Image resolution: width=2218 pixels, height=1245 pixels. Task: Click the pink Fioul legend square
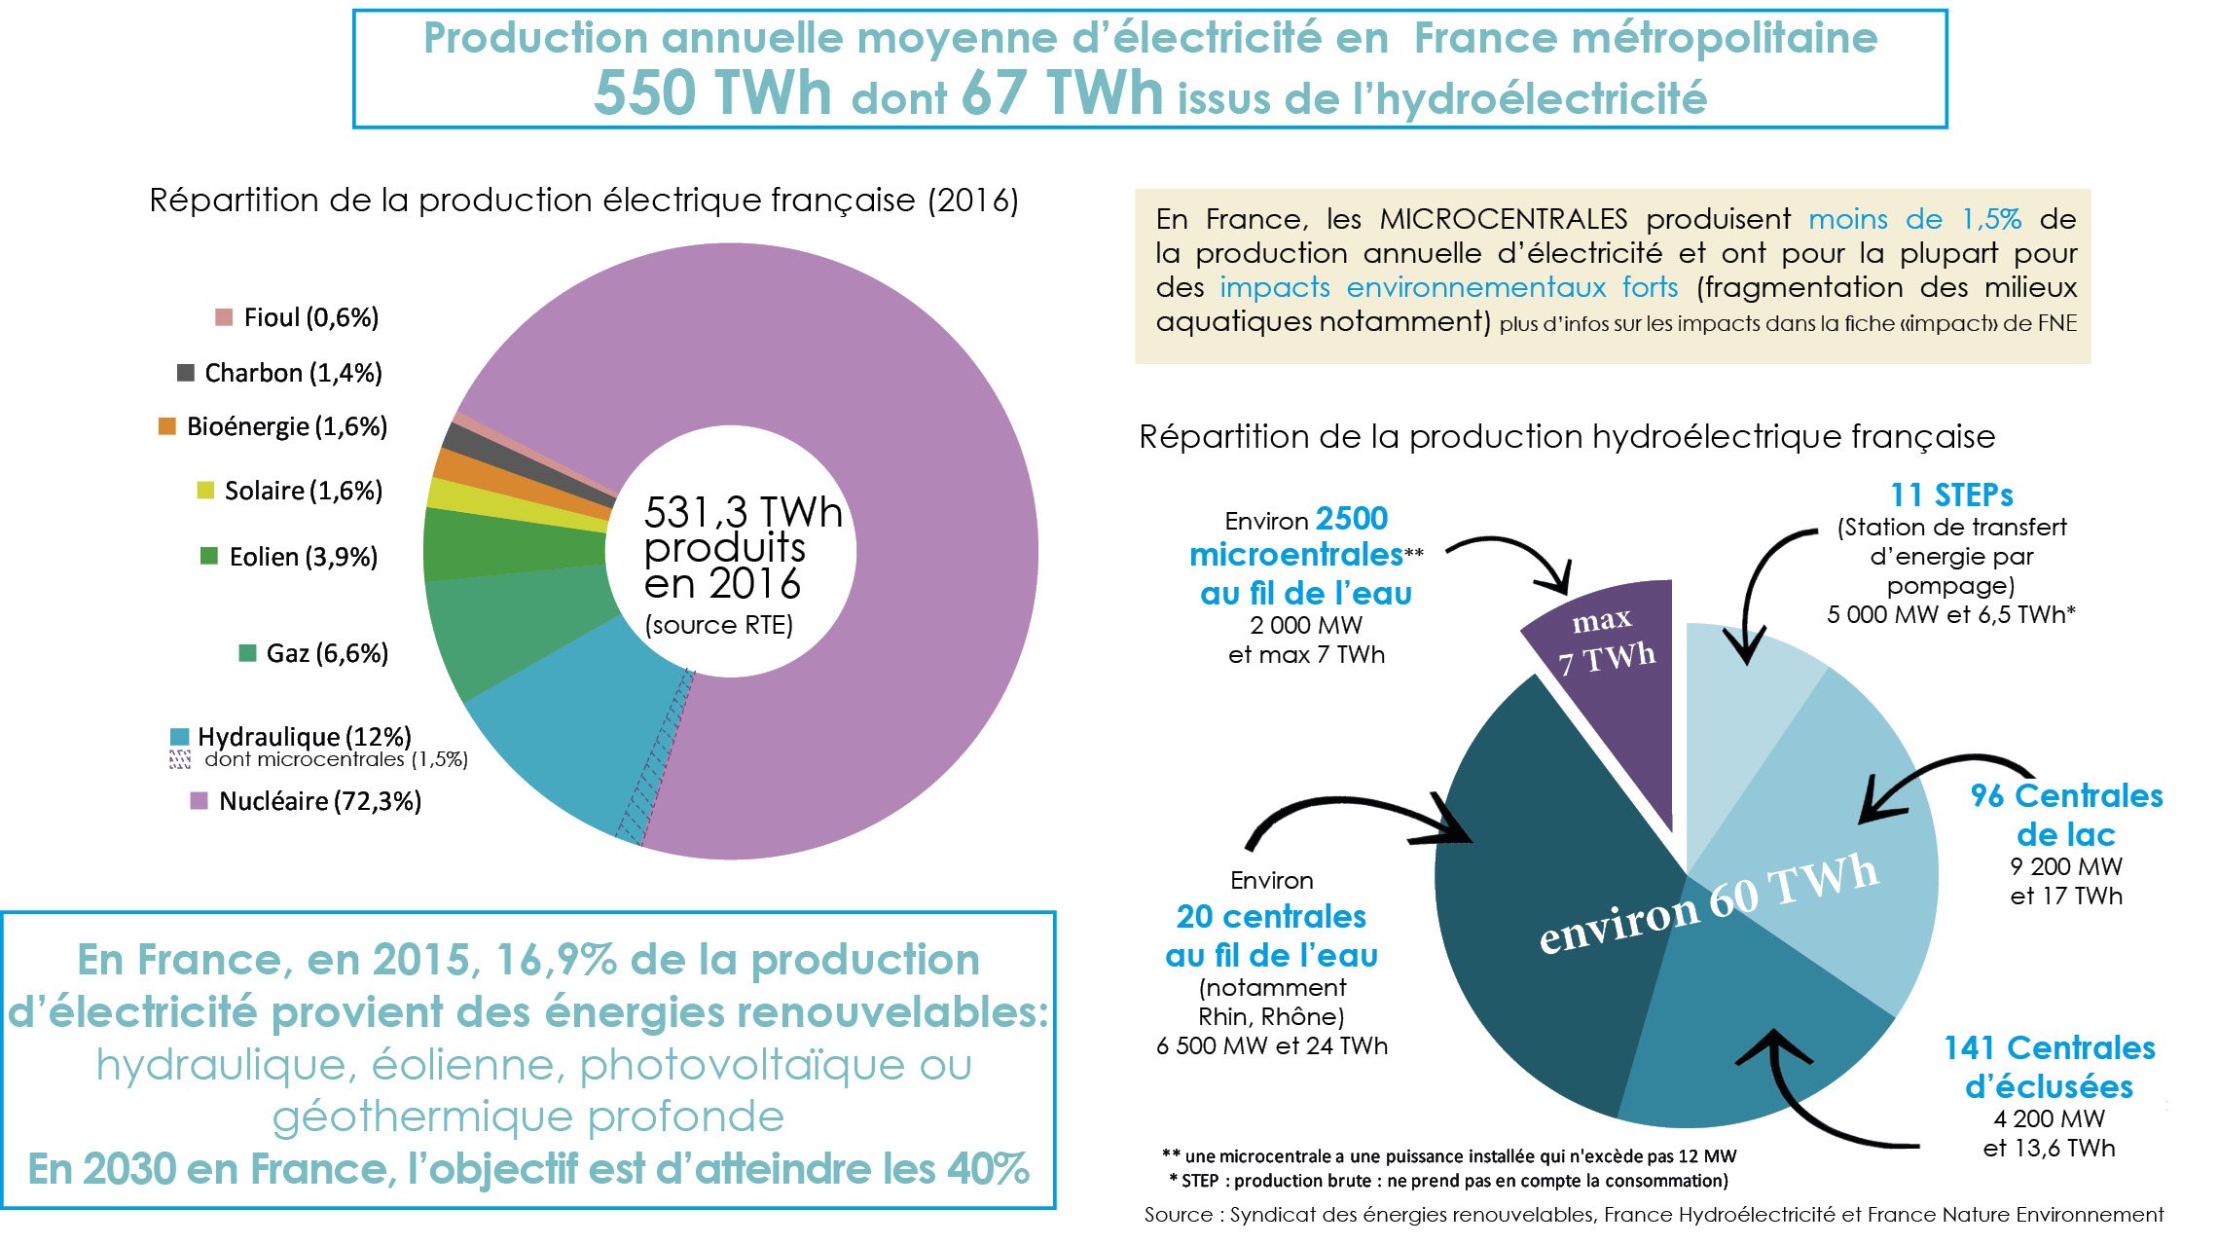pos(224,317)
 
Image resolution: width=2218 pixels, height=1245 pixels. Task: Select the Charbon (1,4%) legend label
pos(293,373)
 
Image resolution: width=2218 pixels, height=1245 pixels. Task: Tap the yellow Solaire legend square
pos(205,490)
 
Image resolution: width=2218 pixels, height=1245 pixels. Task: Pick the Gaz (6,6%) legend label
pos(327,653)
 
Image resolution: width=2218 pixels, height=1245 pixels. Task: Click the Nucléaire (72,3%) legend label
pos(319,801)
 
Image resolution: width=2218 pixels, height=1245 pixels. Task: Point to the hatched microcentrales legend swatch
pos(180,760)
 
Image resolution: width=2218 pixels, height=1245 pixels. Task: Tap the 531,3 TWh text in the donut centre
pos(743,512)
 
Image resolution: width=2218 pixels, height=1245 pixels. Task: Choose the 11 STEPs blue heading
pos(1951,495)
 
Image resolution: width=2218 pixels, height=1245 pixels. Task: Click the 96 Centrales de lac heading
pos(2065,815)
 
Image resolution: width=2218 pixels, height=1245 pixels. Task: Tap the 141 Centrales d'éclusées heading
pos(2049,1067)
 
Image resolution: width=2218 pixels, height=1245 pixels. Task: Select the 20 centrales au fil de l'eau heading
pos(1271,935)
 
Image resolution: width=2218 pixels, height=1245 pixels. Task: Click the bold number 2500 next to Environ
pos(1352,519)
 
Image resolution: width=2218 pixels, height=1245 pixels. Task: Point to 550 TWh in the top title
pos(712,94)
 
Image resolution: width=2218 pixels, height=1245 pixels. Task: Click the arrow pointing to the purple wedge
pos(1518,555)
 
